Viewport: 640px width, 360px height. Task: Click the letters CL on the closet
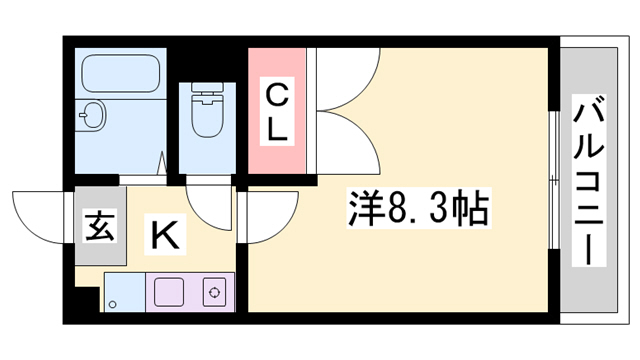[277, 111]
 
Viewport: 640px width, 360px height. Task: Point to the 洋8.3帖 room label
[418, 211]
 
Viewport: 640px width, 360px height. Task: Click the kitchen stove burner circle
[213, 292]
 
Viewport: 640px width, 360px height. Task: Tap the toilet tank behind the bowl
[208, 94]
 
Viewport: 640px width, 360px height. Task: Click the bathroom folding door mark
[161, 160]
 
